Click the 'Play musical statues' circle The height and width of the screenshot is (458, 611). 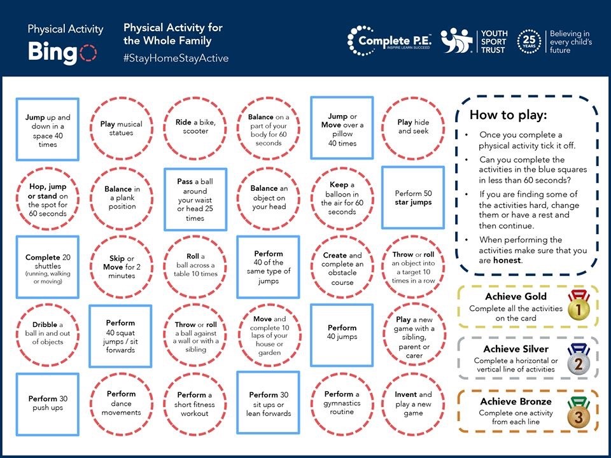121,128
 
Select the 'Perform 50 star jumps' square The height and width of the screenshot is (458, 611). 412,197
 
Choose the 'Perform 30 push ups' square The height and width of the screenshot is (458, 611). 48,403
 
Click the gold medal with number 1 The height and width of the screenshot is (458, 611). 578,309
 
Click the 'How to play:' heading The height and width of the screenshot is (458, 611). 508,115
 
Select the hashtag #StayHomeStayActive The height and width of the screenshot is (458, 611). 176,58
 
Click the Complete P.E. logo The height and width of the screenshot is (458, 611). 390,41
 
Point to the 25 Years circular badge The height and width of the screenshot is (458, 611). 530,41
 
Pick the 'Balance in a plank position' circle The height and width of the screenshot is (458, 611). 121,197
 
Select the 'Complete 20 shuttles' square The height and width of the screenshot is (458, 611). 48,267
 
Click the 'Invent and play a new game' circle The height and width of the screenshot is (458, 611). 413,403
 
